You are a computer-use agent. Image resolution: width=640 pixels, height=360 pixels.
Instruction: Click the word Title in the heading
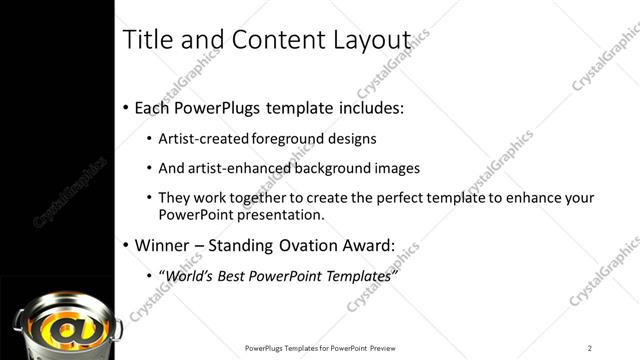(x=145, y=39)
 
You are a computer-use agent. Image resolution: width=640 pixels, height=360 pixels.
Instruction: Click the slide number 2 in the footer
(x=590, y=348)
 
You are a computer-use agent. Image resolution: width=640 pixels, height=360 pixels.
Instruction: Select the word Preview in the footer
(x=389, y=348)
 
